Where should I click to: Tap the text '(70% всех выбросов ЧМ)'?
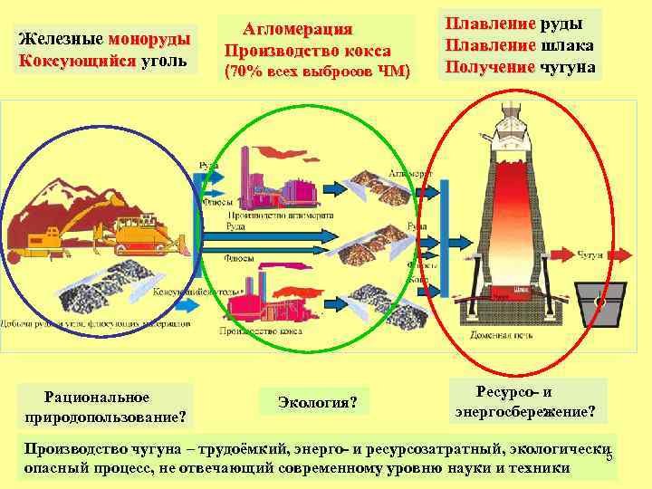click(x=316, y=71)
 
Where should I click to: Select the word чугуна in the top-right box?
click(x=568, y=67)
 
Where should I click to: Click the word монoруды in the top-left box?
click(x=149, y=40)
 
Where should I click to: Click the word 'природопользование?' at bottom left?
click(x=106, y=417)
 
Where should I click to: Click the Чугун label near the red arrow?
click(x=589, y=257)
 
